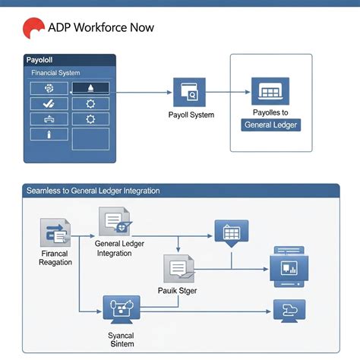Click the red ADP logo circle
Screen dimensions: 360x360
click(x=33, y=28)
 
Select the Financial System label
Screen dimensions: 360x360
click(x=56, y=72)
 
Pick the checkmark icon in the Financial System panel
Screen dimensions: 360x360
click(x=49, y=103)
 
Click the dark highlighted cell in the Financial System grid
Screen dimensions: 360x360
click(x=90, y=88)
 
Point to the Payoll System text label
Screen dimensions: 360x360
click(x=191, y=115)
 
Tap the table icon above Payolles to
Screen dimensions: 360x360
click(x=270, y=92)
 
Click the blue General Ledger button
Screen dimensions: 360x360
click(x=270, y=125)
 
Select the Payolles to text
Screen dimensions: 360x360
click(x=270, y=112)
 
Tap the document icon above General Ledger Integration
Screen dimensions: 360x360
click(x=114, y=222)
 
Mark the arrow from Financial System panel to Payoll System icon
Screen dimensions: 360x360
click(x=144, y=93)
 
